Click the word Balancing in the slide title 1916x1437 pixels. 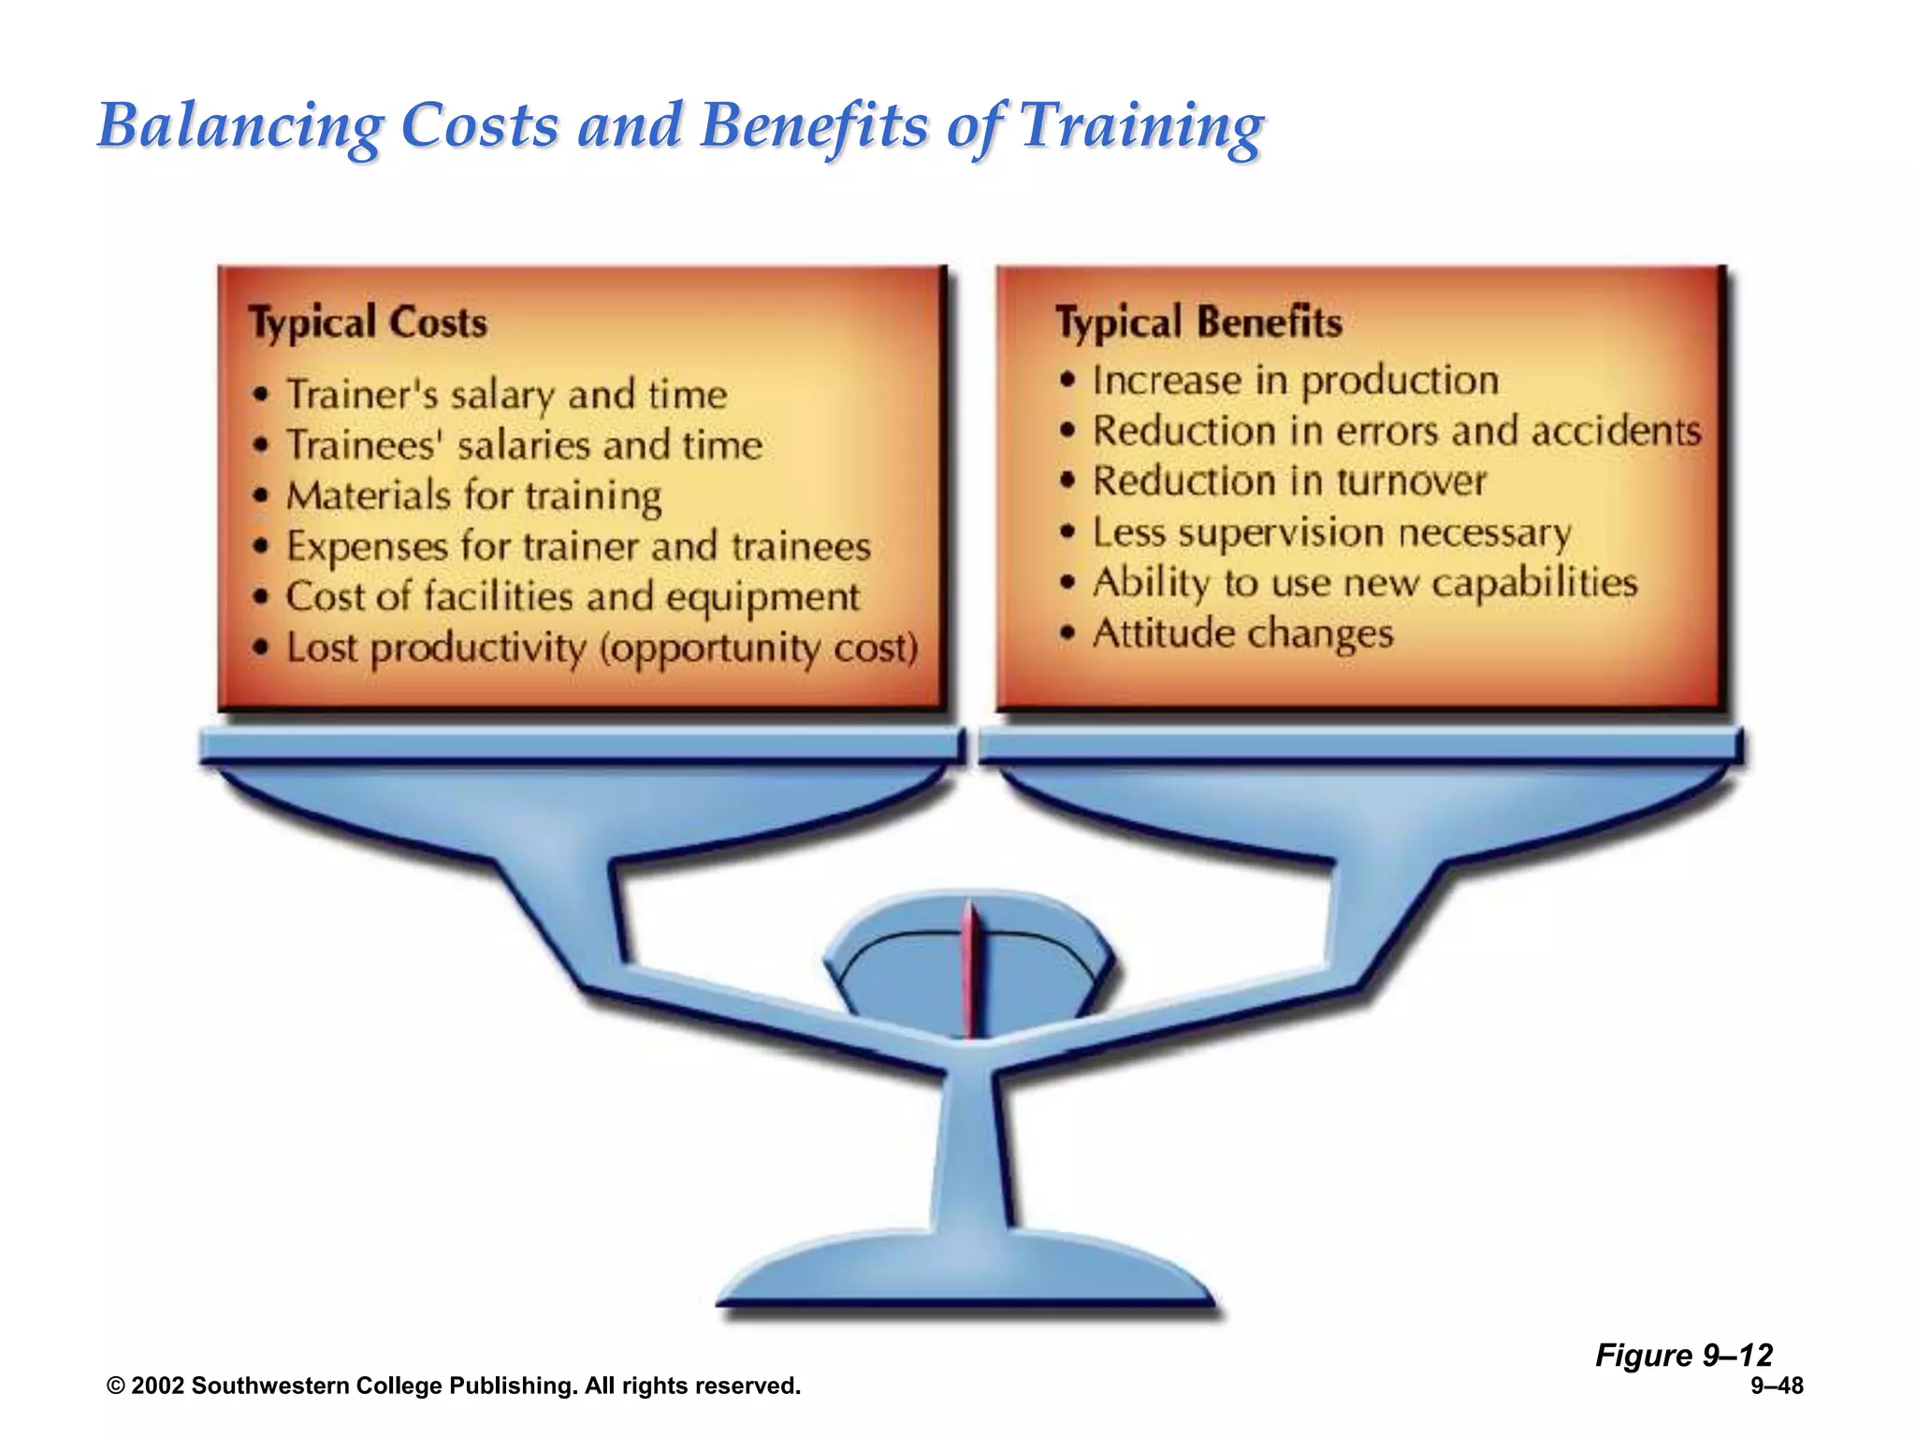pos(239,126)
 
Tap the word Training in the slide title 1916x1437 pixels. pos(1140,126)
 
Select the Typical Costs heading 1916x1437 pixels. pos(368,323)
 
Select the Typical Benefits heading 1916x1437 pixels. pos(1198,323)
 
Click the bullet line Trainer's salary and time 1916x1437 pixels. pos(506,395)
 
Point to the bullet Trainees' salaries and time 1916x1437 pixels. pos(524,445)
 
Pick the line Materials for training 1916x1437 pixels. pos(473,496)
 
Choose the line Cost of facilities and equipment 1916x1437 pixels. pos(573,597)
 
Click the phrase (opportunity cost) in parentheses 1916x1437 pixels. pos(759,648)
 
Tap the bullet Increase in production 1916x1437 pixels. pos(1295,381)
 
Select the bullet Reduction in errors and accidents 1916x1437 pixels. pos(1396,431)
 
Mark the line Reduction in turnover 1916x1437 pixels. pos(1289,482)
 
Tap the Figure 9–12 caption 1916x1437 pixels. pos(1683,1355)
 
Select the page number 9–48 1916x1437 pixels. pos(1777,1386)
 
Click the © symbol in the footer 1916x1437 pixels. pos(116,1386)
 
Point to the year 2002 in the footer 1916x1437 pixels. pos(158,1386)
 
